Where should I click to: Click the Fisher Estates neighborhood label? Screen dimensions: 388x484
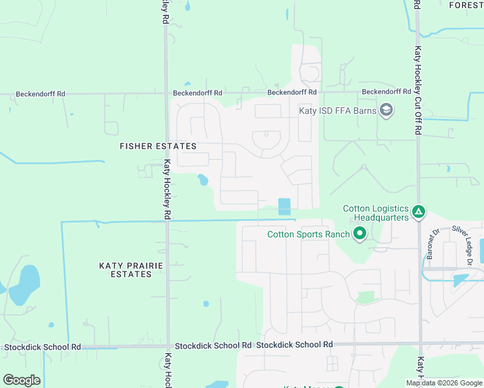(158, 146)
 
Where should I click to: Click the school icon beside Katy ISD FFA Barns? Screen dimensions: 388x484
(386, 110)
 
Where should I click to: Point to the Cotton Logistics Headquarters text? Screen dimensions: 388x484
(376, 213)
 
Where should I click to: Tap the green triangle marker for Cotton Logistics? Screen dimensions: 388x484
(419, 211)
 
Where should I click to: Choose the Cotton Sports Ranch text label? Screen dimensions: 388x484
(309, 234)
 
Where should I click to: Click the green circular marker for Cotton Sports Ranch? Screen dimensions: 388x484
(360, 234)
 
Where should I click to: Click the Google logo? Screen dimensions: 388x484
(21, 380)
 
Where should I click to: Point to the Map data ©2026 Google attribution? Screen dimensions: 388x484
(444, 383)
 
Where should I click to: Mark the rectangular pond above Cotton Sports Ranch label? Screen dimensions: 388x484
(284, 207)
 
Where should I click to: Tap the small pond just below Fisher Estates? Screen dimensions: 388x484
(203, 179)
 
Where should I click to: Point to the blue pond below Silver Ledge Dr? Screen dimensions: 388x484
(460, 280)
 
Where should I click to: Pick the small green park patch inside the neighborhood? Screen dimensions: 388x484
(366, 297)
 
